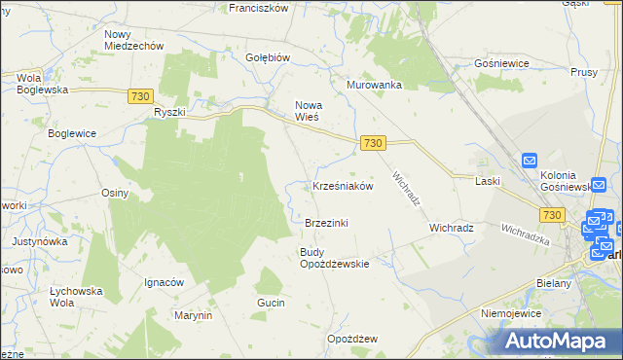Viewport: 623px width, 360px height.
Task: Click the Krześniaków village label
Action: (x=343, y=186)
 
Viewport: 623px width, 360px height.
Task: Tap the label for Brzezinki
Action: (x=326, y=223)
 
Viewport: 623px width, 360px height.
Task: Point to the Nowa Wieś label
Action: (x=308, y=110)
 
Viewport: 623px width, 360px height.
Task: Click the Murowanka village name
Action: (x=375, y=85)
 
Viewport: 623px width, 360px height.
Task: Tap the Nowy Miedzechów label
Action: (x=133, y=39)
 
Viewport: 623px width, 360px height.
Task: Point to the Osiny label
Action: (x=115, y=193)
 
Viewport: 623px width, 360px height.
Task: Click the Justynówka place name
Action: (x=39, y=240)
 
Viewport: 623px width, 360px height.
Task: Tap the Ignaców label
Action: (x=165, y=282)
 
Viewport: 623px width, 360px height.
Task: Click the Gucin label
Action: (x=271, y=304)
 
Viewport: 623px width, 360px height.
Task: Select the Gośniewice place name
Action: (x=500, y=62)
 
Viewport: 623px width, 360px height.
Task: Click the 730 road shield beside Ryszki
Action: (x=139, y=94)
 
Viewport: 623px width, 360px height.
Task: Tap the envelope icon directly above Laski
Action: (x=530, y=161)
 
